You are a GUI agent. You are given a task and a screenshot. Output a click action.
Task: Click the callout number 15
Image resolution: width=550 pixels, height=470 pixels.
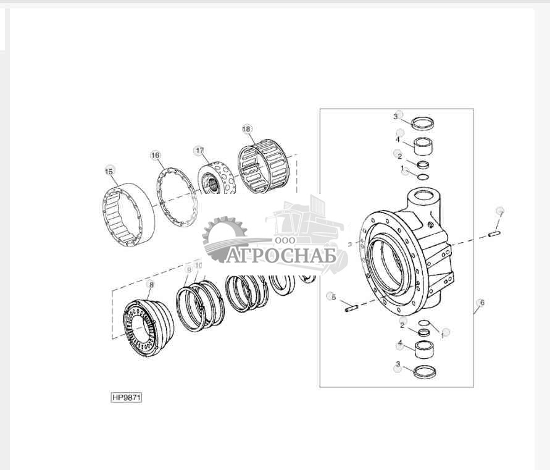109,171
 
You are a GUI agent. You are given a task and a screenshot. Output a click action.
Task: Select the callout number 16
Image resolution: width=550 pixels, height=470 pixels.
155,155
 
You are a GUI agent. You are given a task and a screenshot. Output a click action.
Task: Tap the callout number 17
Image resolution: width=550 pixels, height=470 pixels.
199,150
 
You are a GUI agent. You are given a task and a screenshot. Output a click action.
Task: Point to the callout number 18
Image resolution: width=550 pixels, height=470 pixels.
246,129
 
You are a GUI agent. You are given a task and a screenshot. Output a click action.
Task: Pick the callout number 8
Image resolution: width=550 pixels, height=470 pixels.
150,284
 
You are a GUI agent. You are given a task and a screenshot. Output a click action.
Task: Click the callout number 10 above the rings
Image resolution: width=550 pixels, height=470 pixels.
198,266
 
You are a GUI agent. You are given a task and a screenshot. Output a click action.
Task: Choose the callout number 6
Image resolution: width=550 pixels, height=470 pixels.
481,302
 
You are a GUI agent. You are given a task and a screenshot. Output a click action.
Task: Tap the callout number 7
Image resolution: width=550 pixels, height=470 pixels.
500,212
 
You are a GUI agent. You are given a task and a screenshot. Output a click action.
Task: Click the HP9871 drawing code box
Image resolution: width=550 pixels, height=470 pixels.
127,397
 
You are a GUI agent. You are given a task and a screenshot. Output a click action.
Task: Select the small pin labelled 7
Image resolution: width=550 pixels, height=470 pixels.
494,233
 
